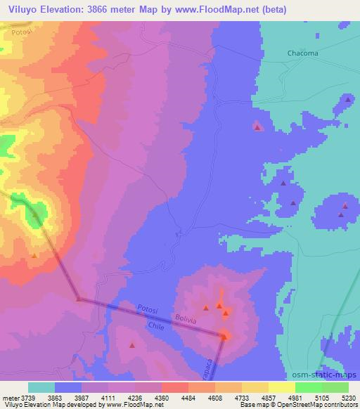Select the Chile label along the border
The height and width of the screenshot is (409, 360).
click(x=156, y=326)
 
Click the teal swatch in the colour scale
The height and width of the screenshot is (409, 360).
click(x=41, y=387)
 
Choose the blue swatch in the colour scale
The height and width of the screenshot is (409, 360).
click(x=68, y=387)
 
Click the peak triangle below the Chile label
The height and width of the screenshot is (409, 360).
click(x=132, y=345)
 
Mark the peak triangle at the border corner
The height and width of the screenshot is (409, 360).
click(x=225, y=337)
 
